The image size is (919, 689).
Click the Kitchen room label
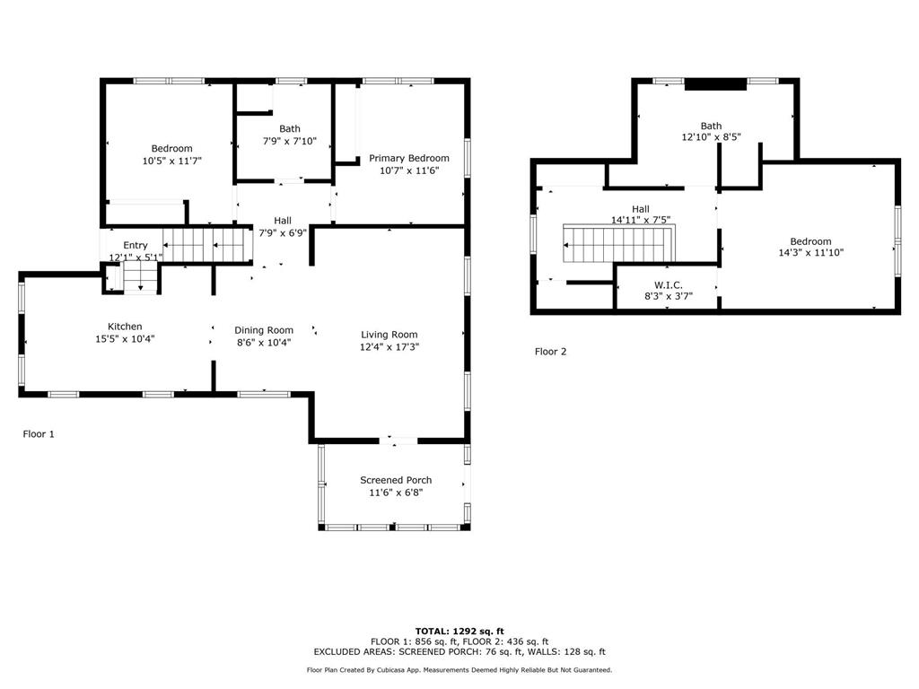click(125, 327)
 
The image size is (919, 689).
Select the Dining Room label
click(264, 330)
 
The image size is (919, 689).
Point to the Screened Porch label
click(396, 480)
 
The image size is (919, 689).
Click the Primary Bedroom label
click(409, 158)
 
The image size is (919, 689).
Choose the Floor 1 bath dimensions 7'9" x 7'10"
click(289, 141)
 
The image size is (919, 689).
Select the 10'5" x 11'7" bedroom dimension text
click(171, 161)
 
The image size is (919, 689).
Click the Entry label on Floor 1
click(136, 245)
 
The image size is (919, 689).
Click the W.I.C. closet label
click(669, 284)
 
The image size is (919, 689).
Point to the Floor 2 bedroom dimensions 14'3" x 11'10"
click(810, 252)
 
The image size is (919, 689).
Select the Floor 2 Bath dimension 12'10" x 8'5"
click(711, 138)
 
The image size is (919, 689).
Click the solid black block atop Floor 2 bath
click(715, 84)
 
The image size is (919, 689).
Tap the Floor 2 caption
click(550, 352)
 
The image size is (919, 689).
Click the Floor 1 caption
click(39, 434)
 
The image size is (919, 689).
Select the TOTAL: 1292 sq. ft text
click(459, 631)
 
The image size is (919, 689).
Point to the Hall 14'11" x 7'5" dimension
click(641, 220)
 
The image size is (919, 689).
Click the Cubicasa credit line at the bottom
click(459, 670)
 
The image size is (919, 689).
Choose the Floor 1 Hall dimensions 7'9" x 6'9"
click(283, 232)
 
